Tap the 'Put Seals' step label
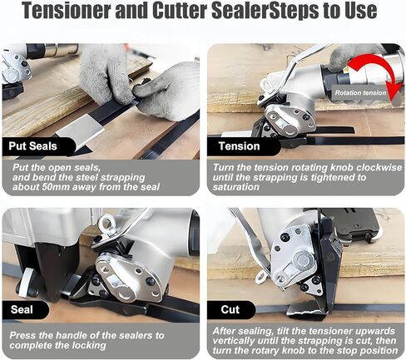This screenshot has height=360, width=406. pos(32,146)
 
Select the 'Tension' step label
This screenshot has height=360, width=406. pos(239,146)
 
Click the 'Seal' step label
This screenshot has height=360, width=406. pos(22,309)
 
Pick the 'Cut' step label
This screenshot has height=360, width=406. pos(230,309)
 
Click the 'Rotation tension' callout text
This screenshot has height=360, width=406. pos(360,93)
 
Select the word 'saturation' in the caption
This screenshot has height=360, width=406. pos(235,187)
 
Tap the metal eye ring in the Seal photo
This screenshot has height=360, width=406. pos(106,223)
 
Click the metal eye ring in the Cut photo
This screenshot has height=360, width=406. pos(261,277)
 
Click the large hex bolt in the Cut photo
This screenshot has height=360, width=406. pos(303,260)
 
